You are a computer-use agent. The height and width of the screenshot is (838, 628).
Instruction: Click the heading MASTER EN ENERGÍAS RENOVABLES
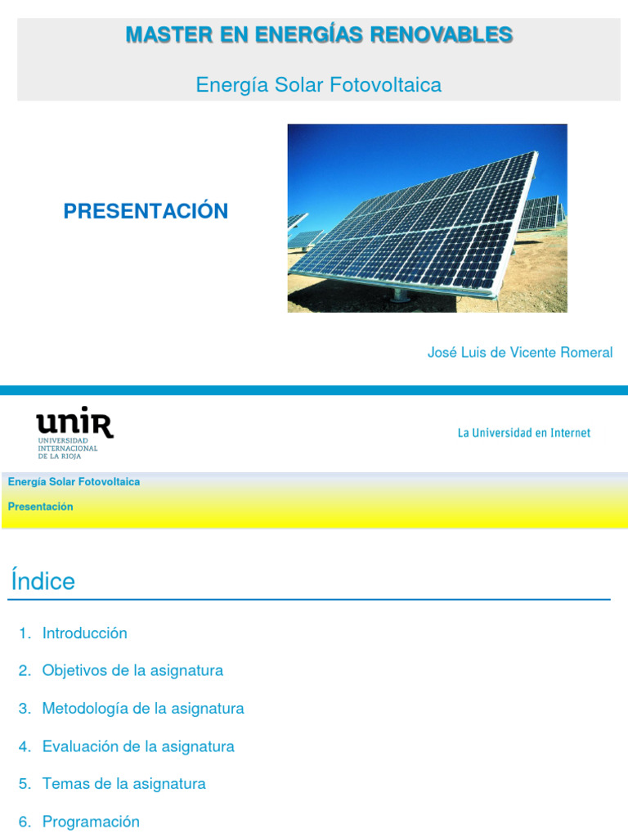[x=319, y=34]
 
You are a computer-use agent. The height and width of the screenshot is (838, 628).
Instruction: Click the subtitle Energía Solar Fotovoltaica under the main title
[x=319, y=84]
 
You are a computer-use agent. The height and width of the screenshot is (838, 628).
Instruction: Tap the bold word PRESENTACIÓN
[x=146, y=211]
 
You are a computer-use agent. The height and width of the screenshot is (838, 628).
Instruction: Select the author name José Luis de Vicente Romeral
[x=519, y=353]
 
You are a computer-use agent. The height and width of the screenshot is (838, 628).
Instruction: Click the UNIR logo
[x=74, y=424]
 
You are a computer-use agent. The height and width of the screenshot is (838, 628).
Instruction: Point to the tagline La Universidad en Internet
[x=523, y=433]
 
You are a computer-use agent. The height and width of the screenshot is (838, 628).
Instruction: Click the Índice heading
[x=43, y=582]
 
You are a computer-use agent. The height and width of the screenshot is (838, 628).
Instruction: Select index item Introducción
[x=84, y=633]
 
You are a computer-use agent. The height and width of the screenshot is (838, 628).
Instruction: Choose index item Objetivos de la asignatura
[x=132, y=671]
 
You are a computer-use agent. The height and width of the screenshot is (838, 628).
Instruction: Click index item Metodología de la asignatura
[x=143, y=709]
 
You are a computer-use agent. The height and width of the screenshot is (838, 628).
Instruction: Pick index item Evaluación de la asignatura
[x=138, y=746]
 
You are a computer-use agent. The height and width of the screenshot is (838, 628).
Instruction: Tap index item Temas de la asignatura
[x=123, y=784]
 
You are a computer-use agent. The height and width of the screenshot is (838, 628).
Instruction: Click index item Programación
[x=91, y=822]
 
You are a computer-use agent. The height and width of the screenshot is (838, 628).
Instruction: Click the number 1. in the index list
[x=25, y=633]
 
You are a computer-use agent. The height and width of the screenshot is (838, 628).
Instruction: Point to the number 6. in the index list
[x=25, y=822]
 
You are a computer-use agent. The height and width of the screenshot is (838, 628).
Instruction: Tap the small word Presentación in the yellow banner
[x=40, y=507]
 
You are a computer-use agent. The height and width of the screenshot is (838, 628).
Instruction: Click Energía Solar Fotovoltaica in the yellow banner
[x=74, y=482]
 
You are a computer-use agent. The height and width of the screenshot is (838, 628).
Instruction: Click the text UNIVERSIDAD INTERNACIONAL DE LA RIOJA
[x=68, y=448]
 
